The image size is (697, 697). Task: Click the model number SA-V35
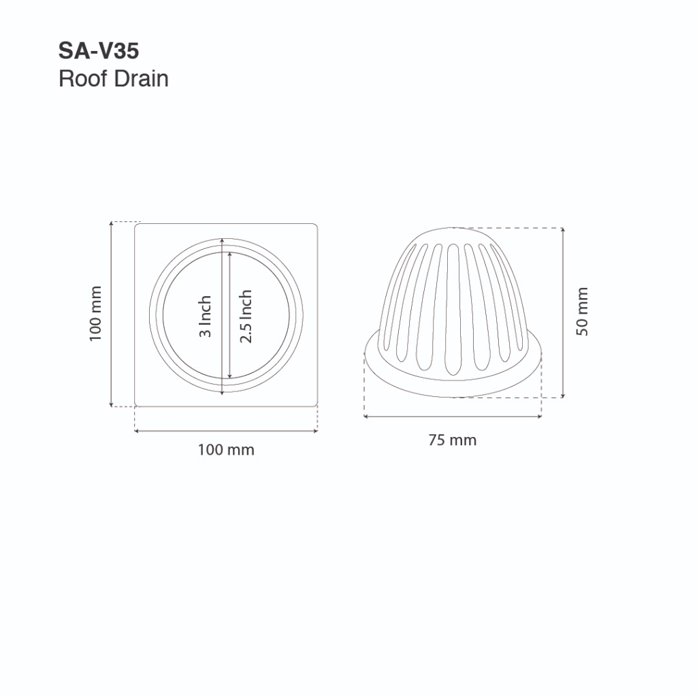[x=99, y=50]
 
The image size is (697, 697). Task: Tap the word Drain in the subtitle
[x=142, y=79]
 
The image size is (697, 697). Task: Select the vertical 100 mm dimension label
[x=95, y=314]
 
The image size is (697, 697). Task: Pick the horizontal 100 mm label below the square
[x=226, y=450]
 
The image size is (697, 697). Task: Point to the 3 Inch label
[x=205, y=317]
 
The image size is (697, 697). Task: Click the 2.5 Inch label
[x=246, y=316]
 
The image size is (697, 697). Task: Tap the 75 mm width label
[x=453, y=440]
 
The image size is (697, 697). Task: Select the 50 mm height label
[x=583, y=312]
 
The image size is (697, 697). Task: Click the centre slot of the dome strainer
[x=453, y=309]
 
